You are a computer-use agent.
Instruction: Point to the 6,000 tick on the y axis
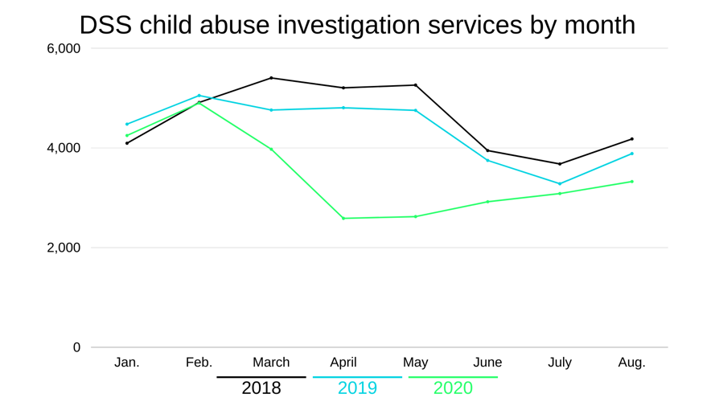(64, 48)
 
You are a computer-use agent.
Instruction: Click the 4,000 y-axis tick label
(64, 148)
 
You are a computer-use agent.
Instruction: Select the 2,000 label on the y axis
(64, 248)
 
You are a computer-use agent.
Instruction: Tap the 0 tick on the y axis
(77, 347)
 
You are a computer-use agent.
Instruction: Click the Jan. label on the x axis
(127, 363)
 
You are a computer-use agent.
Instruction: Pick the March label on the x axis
(271, 363)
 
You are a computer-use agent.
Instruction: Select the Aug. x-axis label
(631, 363)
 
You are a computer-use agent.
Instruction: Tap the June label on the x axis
(487, 363)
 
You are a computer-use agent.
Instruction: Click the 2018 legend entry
(261, 388)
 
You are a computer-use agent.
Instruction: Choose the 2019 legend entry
(357, 388)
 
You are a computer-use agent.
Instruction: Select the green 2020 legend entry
(453, 388)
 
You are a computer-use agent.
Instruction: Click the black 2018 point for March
(271, 78)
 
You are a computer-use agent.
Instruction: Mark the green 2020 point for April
(343, 218)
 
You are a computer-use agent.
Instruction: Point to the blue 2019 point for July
(560, 183)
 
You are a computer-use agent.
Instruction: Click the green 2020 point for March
(271, 149)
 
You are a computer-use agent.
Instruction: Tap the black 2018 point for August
(631, 139)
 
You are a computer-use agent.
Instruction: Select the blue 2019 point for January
(127, 124)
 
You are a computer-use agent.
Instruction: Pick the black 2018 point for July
(560, 164)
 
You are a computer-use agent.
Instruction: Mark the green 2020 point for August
(631, 182)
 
